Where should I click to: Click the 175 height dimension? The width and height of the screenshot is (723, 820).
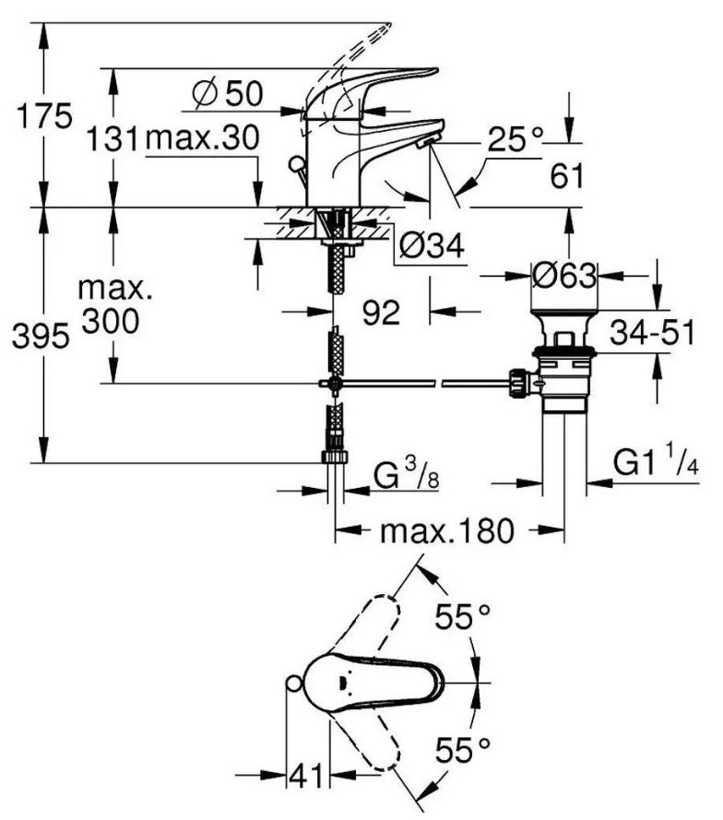[x=45, y=116]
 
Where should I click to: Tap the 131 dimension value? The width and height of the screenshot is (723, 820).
[x=113, y=138]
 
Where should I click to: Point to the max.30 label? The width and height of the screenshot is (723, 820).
[x=202, y=138]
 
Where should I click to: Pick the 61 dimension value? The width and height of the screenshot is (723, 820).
[x=567, y=176]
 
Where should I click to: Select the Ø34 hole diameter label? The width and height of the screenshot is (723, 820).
[x=432, y=245]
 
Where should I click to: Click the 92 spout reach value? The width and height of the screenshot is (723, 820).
[x=381, y=313]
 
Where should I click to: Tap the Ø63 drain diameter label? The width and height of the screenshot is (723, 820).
[x=564, y=275]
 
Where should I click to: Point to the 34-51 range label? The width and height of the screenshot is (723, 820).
[x=653, y=332]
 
